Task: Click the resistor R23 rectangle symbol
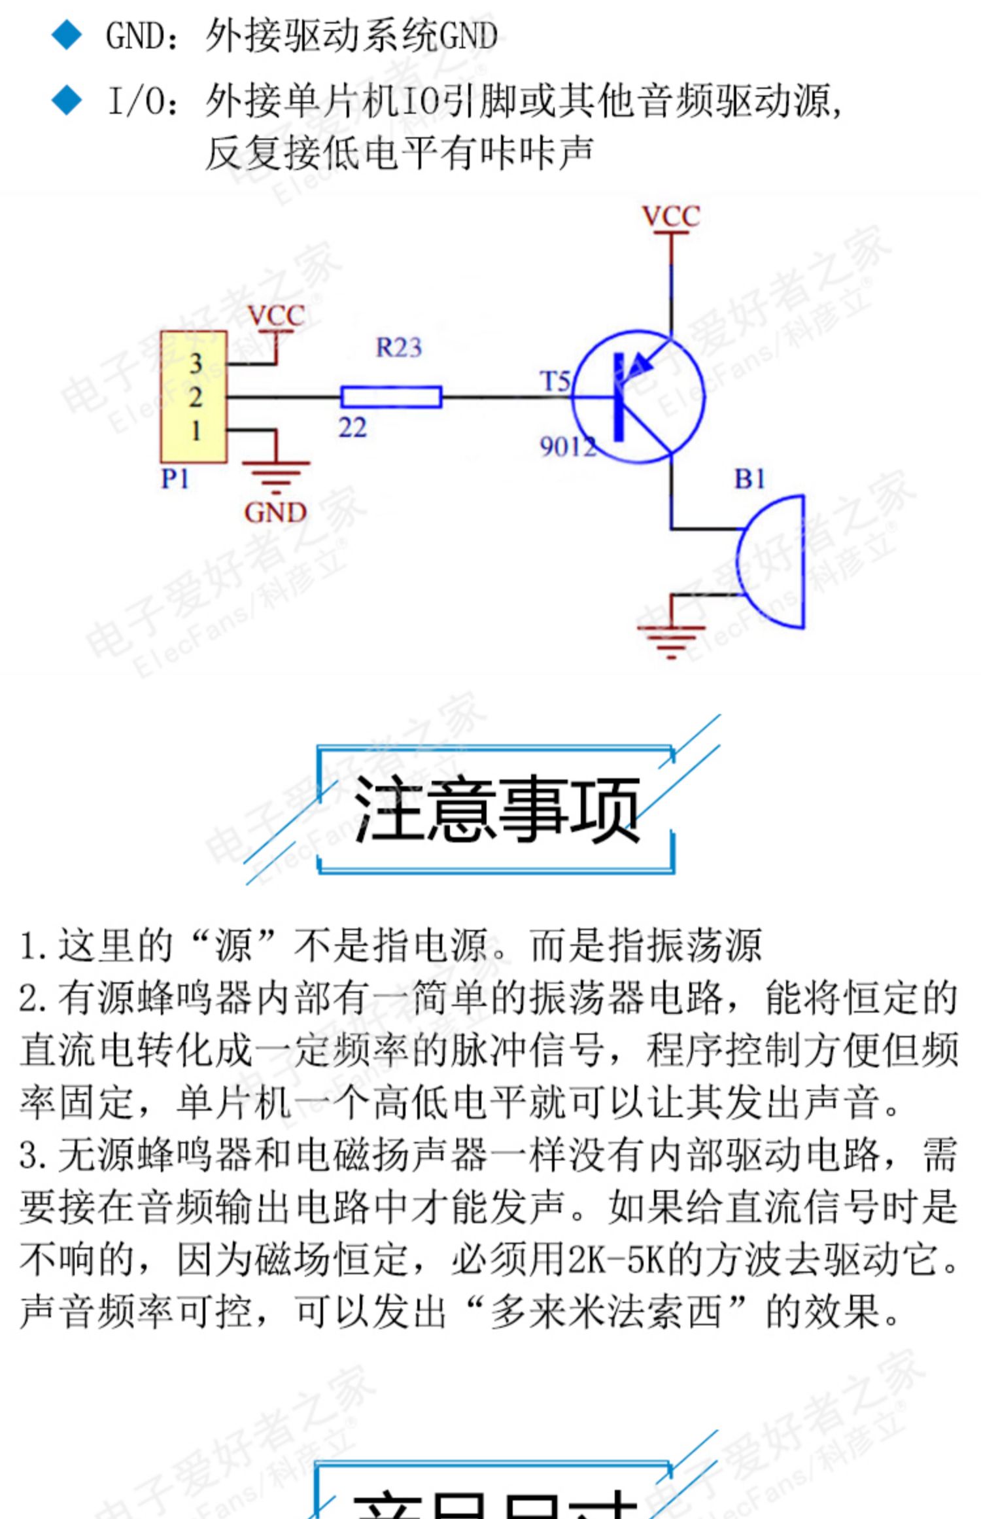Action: pos(391,397)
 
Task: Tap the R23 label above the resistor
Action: pos(398,347)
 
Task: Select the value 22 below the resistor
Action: pos(353,428)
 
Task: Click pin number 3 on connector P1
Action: pos(196,364)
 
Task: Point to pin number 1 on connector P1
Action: pos(196,431)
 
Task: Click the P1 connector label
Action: pos(175,480)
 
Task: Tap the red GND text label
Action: pos(275,512)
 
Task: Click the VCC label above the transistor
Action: pos(671,217)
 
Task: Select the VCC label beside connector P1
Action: pos(277,317)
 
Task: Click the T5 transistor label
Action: pos(555,381)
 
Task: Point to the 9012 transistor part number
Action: pos(568,447)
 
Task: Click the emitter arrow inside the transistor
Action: pos(644,360)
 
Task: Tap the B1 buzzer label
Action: pos(749,480)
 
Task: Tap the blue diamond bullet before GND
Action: pos(67,35)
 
